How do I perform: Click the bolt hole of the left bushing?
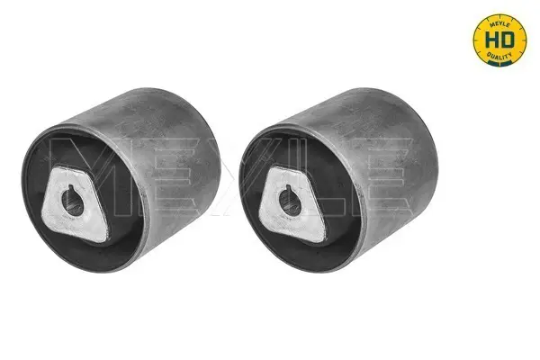[x=73, y=202]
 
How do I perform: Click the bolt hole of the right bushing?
[x=290, y=202]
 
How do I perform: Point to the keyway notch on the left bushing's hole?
[x=70, y=187]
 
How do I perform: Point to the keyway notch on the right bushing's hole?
[x=288, y=187]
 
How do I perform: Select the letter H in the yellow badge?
[x=491, y=40]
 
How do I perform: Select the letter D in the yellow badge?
[x=507, y=40]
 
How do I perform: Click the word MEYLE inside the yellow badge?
[x=499, y=23]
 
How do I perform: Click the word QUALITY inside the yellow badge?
[x=499, y=56]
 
